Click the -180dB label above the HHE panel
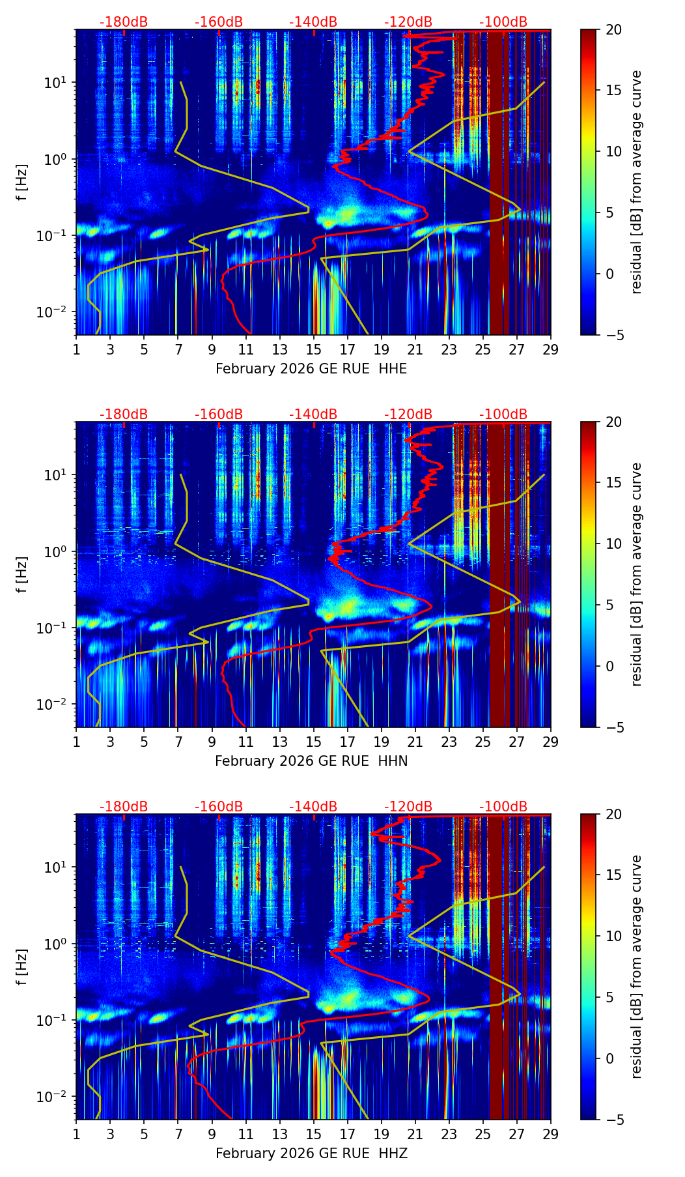[124, 22]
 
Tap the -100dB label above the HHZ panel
[503, 807]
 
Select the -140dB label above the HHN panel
[313, 414]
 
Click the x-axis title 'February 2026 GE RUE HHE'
[311, 369]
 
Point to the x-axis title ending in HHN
[311, 761]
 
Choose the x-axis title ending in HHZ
[311, 1154]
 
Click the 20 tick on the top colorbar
[613, 30]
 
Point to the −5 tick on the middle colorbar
[611, 727]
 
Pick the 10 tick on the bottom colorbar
[613, 936]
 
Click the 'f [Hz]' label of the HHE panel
[22, 182]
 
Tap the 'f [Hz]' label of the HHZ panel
[22, 967]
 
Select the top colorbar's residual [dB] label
[636, 182]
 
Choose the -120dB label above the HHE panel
[408, 22]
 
